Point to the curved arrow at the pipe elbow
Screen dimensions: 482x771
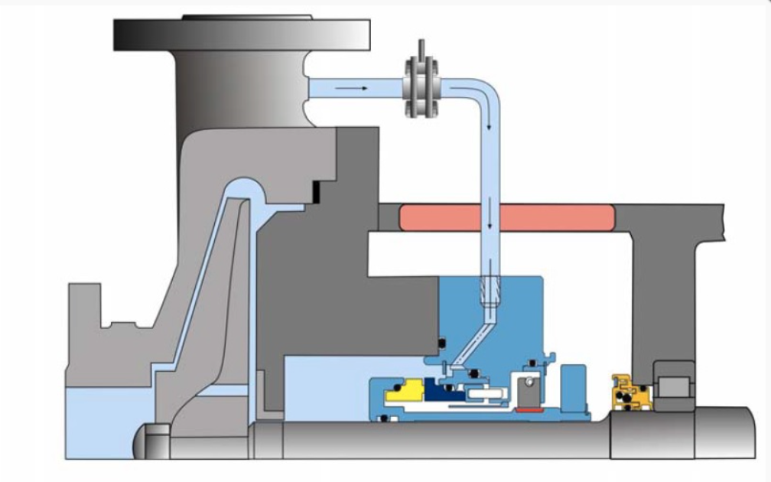pos(468,94)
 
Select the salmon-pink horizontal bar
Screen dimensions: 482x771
pos(506,217)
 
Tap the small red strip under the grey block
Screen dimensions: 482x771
pos(527,410)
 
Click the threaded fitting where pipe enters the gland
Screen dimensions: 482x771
pos(488,291)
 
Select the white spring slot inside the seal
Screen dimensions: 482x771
pos(483,395)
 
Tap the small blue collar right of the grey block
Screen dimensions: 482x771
pos(570,386)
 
